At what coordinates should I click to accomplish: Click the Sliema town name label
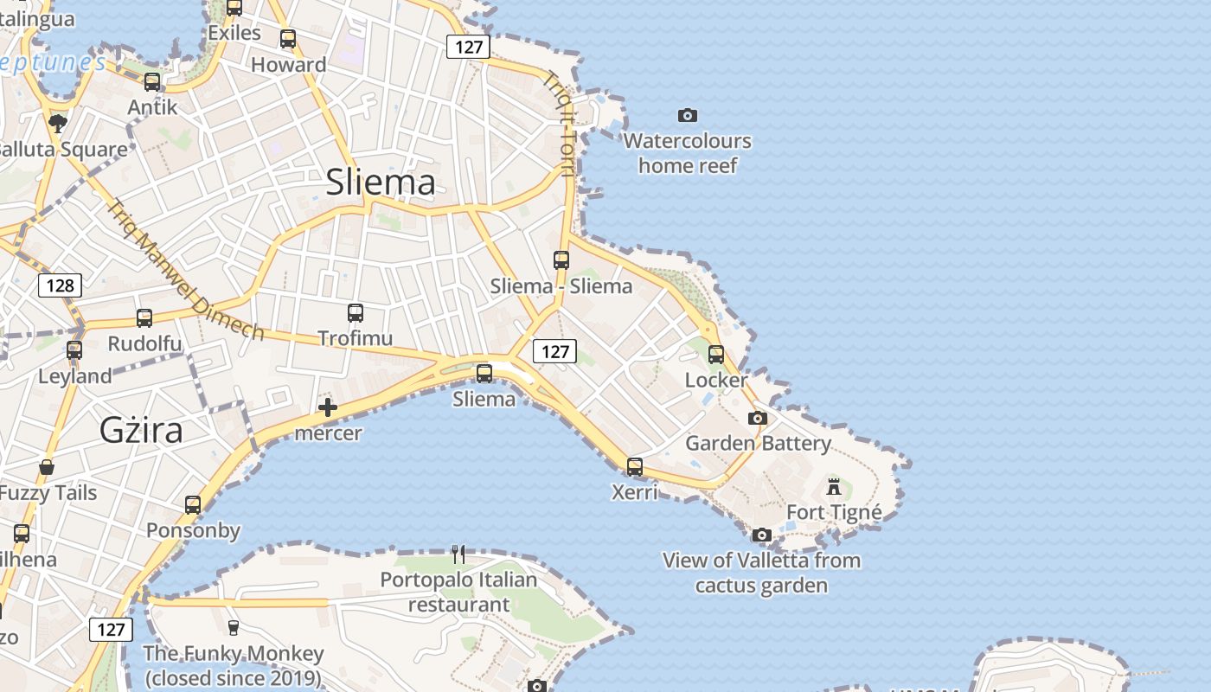point(381,183)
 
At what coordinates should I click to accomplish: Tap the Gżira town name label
point(141,429)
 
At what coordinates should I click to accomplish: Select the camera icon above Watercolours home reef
point(688,115)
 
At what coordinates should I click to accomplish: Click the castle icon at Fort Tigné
point(834,486)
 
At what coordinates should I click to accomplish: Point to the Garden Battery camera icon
point(758,419)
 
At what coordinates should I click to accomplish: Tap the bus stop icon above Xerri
point(635,467)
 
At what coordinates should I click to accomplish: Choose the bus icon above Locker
point(716,354)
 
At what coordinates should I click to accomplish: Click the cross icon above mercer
point(328,407)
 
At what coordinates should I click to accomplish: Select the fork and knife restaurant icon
point(458,554)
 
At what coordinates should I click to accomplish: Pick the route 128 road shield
point(60,285)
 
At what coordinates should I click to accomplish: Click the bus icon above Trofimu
point(356,313)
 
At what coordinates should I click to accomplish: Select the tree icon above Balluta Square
point(58,123)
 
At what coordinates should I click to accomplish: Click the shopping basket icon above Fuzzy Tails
point(47,468)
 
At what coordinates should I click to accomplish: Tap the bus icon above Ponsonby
point(193,505)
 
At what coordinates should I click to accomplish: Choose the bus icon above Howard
point(288,39)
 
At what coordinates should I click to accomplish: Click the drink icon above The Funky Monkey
point(233,627)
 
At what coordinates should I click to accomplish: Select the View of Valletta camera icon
point(762,535)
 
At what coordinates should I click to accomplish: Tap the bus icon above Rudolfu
point(144,318)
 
